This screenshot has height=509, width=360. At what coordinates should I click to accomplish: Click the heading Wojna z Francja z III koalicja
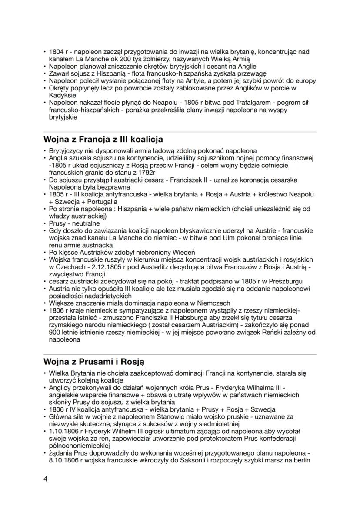(103, 140)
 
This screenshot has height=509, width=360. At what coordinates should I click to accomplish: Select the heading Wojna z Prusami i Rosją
(94, 362)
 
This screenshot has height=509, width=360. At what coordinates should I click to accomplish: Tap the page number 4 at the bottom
(46, 478)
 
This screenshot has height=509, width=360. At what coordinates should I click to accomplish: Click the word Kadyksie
(62, 95)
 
